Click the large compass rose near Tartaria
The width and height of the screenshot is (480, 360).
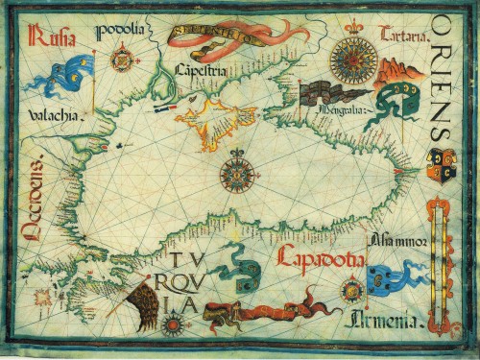(x=352, y=60)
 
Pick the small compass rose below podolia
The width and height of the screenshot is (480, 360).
(x=122, y=60)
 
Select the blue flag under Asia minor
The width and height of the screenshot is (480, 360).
(x=388, y=277)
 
